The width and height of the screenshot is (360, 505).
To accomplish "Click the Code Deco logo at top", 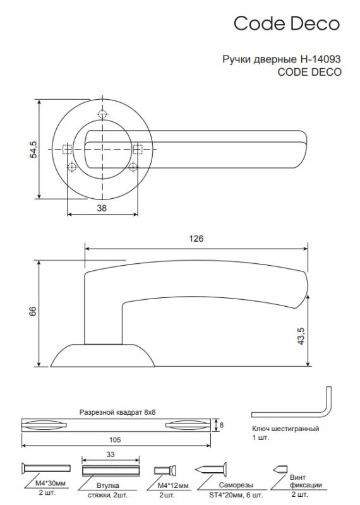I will pos(287,23).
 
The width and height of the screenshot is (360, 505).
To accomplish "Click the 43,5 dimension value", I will pos(301,336).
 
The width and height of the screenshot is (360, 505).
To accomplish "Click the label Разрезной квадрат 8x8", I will pos(117,412).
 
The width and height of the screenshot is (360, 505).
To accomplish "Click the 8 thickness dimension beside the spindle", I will pos(222,425).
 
